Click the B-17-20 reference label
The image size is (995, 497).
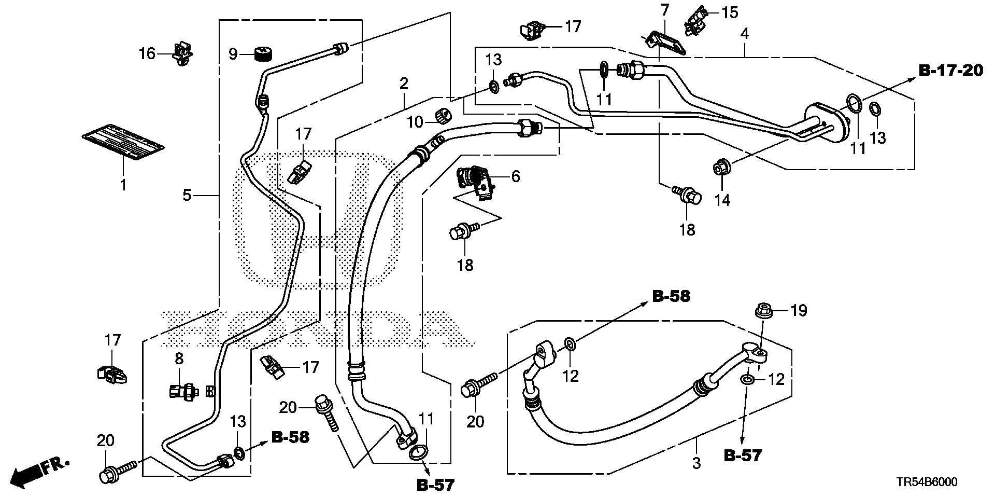(x=950, y=71)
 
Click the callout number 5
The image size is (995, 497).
(x=187, y=195)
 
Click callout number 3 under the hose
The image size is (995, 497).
(x=696, y=462)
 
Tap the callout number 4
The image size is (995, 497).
(x=745, y=34)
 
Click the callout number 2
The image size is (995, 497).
(x=404, y=83)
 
